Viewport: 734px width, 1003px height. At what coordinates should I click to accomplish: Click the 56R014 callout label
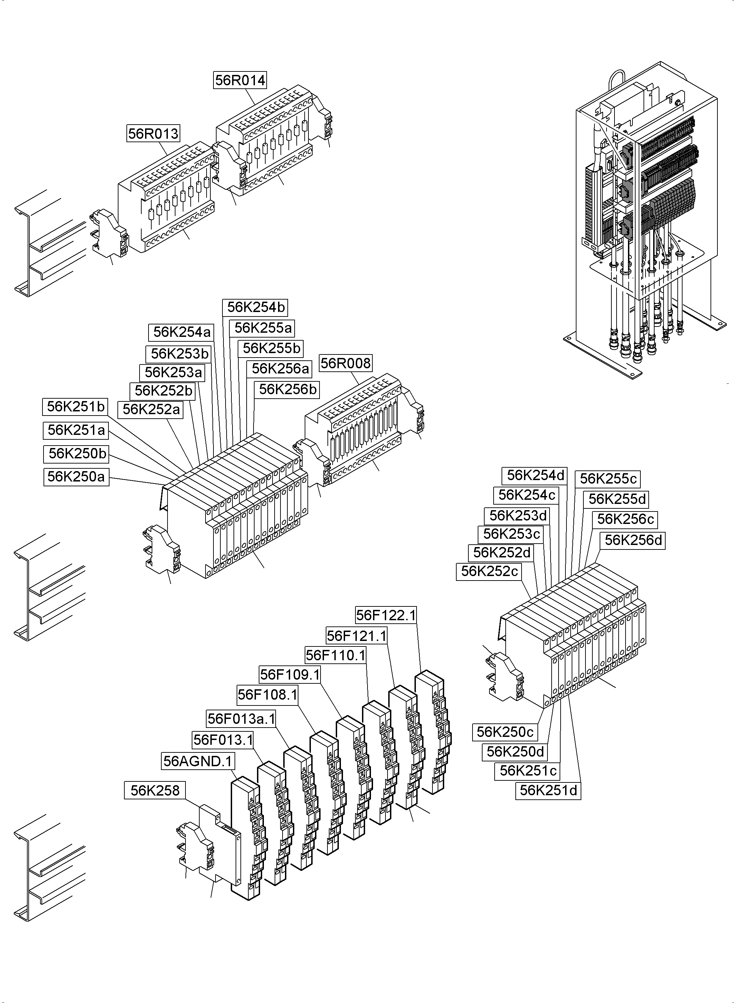click(240, 80)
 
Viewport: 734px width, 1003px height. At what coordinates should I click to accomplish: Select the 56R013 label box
click(153, 133)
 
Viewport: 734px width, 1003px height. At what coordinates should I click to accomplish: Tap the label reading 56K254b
click(256, 307)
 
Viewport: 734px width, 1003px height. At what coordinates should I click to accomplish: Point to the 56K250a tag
click(76, 476)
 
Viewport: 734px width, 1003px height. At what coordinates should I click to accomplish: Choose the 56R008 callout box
click(345, 363)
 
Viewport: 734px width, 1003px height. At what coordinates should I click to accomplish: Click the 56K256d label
click(633, 541)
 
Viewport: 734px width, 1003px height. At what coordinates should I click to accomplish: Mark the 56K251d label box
click(548, 790)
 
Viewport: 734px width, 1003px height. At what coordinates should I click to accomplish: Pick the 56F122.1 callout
click(386, 615)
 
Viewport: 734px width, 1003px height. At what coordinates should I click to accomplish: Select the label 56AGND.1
click(198, 761)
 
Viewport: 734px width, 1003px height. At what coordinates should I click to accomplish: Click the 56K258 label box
click(155, 790)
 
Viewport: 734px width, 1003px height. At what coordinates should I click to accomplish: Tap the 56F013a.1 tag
click(241, 718)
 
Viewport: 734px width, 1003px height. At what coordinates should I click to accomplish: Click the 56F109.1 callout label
click(290, 674)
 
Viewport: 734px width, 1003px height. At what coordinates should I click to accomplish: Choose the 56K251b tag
click(76, 406)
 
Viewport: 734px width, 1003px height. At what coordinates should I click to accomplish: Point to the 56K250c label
click(505, 732)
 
